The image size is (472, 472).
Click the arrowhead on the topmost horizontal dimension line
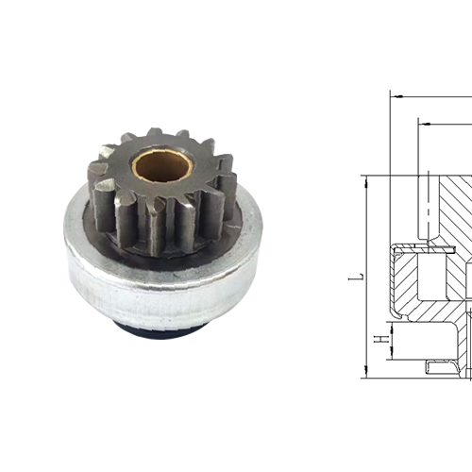[396, 96]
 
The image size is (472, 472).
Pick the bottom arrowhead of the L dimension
[367, 373]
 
